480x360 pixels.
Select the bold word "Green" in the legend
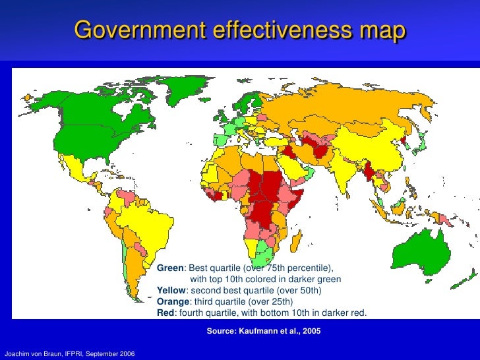[x=170, y=269]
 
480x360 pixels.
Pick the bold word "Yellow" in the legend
[x=171, y=291]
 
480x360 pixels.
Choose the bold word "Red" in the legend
[x=165, y=313]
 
